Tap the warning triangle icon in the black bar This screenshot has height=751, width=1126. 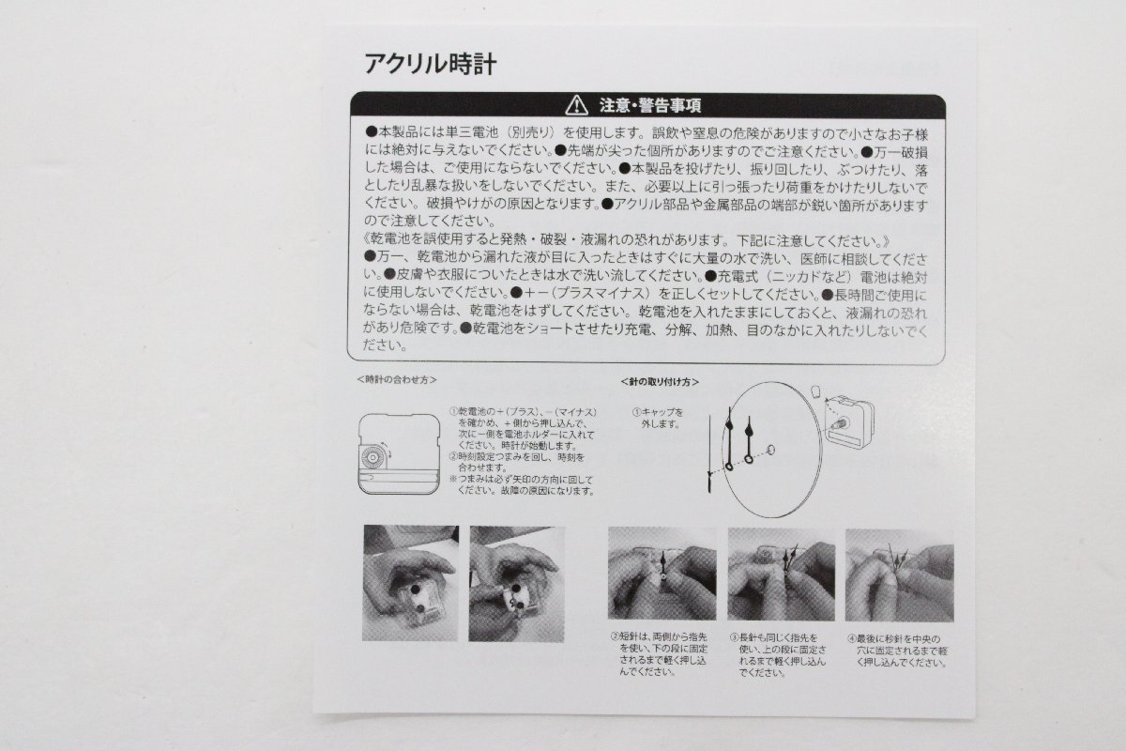pos(575,105)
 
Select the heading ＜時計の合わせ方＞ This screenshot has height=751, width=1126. pos(397,380)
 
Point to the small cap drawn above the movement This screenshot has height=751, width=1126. pos(813,390)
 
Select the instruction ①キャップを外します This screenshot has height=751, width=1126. pos(657,418)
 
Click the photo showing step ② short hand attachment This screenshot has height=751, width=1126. pos(662,574)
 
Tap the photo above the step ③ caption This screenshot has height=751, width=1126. pos(781,574)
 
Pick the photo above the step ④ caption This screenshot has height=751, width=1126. pos(899,574)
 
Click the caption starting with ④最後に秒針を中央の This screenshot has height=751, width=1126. pos(899,649)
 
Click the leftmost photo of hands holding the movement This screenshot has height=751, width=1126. pos(410,583)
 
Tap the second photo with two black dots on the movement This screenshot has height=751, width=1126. pos(516,583)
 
